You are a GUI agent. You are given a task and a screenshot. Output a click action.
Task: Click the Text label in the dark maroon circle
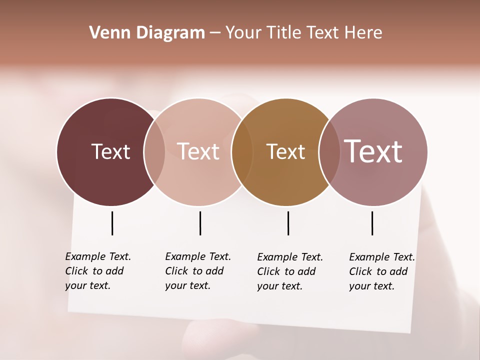110,151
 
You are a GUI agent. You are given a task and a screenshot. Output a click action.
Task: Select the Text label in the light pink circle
198,151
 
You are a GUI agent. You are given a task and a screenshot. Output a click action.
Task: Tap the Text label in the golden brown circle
285,151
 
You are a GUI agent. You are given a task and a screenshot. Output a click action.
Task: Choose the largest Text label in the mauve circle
373,151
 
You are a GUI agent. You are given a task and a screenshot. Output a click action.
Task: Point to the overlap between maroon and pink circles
154,151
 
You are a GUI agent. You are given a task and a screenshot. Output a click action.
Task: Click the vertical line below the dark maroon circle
112,223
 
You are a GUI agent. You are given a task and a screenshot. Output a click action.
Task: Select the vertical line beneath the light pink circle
200,223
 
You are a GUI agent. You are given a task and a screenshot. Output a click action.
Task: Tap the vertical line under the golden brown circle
288,223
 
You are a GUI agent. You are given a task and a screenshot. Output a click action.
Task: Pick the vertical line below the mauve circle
372,223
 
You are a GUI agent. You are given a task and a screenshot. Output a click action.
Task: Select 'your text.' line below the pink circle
187,286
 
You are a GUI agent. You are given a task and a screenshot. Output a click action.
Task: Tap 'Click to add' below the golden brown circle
286,271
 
